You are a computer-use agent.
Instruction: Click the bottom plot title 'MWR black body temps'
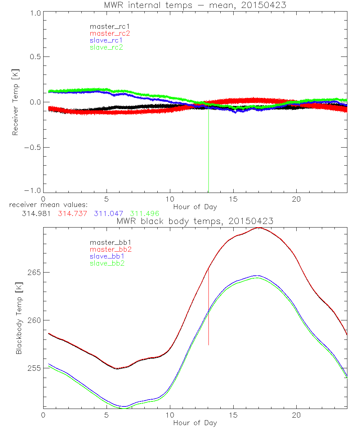(x=195, y=221)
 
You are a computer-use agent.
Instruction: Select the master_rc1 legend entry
(x=107, y=26)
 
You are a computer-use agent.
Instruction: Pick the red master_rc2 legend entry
(x=107, y=33)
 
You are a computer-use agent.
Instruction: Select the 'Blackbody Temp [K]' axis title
(x=19, y=319)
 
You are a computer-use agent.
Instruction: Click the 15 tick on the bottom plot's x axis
(x=234, y=415)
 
